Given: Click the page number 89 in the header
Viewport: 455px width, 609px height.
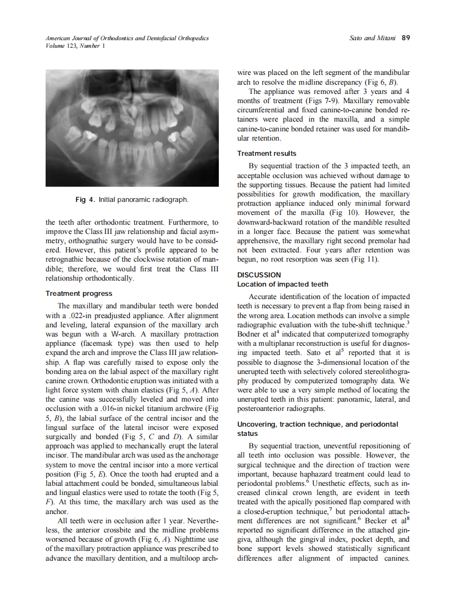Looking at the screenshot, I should click(x=406, y=38).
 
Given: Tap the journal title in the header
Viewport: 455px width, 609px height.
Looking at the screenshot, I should click(x=127, y=38).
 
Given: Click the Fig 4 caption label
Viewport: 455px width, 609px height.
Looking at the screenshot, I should click(x=86, y=200).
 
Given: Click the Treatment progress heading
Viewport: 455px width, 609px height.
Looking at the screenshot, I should click(x=79, y=294).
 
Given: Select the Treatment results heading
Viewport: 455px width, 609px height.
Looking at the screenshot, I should click(x=267, y=154).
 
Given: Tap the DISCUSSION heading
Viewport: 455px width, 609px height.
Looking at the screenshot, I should click(x=259, y=275).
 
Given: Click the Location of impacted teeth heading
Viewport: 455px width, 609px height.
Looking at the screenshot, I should click(x=282, y=284).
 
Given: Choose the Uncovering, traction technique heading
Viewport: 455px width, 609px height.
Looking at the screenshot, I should click(x=318, y=424).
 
